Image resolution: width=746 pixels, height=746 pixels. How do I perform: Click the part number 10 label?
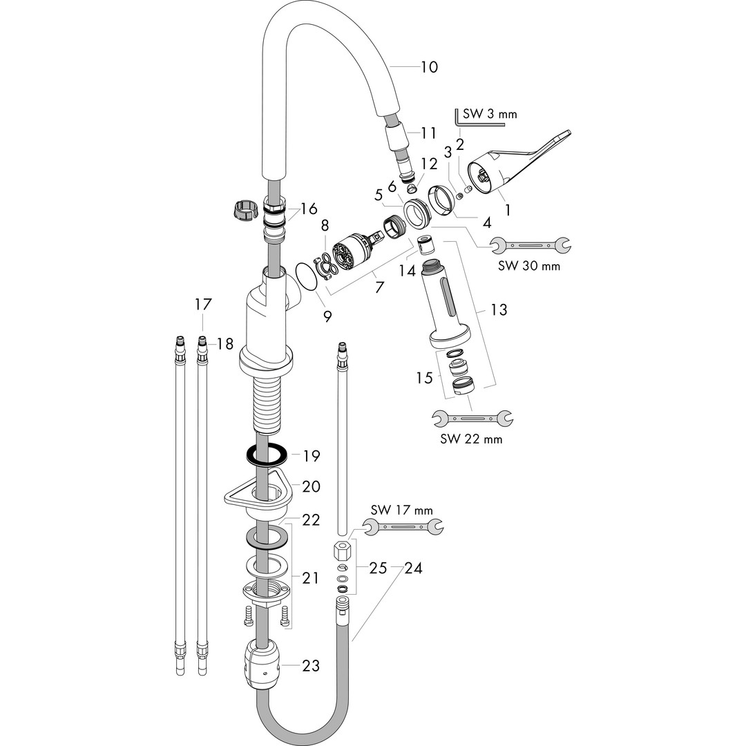coord(429,67)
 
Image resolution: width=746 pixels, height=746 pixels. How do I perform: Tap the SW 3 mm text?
coord(490,114)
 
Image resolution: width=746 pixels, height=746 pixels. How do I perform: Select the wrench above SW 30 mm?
coord(530,245)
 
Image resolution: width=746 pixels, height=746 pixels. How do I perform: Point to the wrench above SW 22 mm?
coord(472,418)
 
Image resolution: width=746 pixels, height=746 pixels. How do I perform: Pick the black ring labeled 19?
coord(267,456)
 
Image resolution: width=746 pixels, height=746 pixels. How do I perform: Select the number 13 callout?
coord(499,309)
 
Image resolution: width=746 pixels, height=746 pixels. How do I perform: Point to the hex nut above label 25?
coord(342,551)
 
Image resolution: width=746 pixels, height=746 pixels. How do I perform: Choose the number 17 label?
coord(202,304)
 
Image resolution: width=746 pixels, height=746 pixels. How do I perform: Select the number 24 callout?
coord(413,568)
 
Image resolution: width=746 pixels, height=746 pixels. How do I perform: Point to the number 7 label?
coord(379,287)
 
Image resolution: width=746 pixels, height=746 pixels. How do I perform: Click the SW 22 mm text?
coord(471,439)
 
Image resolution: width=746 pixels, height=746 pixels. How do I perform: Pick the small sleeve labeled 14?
coord(425,246)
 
